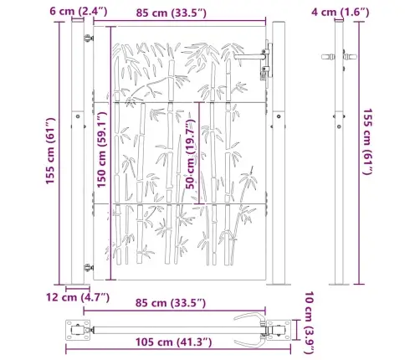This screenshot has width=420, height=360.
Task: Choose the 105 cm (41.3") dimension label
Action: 172,342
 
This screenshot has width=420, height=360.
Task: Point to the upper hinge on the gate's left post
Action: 88,39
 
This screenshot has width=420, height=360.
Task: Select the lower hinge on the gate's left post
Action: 88,267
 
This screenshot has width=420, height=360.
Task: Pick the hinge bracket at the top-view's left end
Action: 83,328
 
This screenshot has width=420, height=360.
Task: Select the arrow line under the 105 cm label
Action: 172,333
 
